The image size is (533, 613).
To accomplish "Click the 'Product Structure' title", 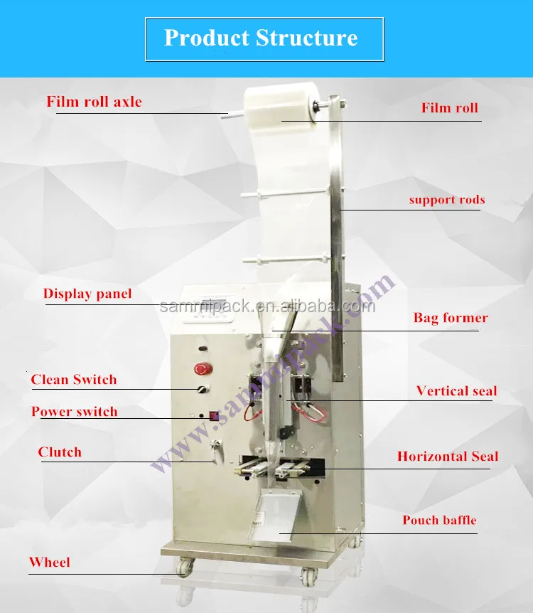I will click(261, 38).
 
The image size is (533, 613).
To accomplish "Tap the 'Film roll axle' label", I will click(95, 102).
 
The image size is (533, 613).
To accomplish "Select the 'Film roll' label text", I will click(449, 109).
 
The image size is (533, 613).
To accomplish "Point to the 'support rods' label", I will click(446, 200).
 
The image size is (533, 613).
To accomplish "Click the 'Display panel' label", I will click(87, 294).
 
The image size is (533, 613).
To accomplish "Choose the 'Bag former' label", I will click(451, 318).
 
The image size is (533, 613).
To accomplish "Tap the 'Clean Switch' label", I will click(73, 380).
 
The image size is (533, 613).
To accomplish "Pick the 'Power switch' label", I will click(74, 412).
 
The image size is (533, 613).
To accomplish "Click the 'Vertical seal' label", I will click(456, 390).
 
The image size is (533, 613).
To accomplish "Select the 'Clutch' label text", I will click(60, 452).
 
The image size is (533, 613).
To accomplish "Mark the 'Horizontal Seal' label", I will click(448, 457).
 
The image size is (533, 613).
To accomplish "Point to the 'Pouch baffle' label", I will click(439, 520).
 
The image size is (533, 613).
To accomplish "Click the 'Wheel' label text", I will click(49, 563).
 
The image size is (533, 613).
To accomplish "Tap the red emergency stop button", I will click(201, 369).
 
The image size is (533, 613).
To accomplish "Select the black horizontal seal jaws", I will click(284, 468).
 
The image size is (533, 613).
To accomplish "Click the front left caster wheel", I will click(185, 570).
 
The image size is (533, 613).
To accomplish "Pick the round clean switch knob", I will click(202, 390).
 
